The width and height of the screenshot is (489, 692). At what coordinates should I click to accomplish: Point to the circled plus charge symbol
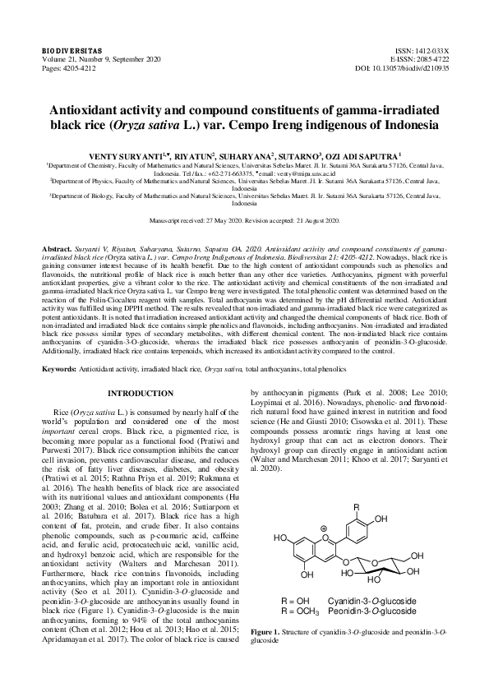click(x=325, y=529)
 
